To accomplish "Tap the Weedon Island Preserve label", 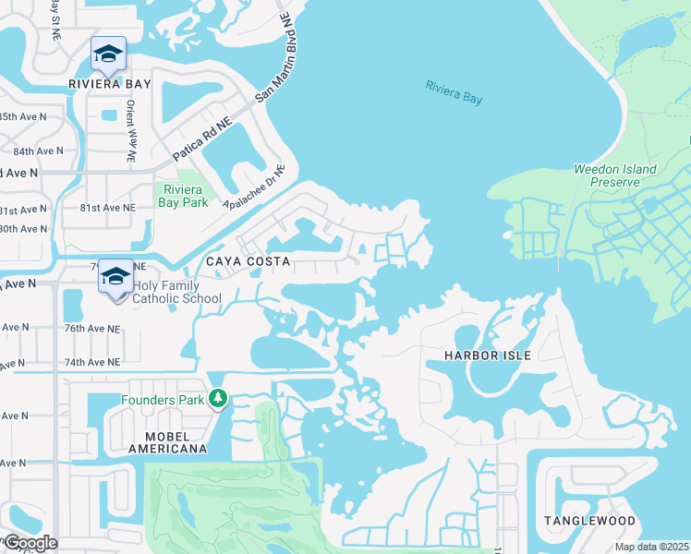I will click(x=614, y=175).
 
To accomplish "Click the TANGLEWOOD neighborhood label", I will click(x=589, y=521).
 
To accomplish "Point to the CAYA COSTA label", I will click(x=248, y=262).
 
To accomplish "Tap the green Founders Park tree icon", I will click(x=218, y=399).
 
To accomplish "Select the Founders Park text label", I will click(x=165, y=400).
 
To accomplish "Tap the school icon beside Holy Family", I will click(x=116, y=277).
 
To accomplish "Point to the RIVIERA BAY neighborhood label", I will click(x=110, y=84).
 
